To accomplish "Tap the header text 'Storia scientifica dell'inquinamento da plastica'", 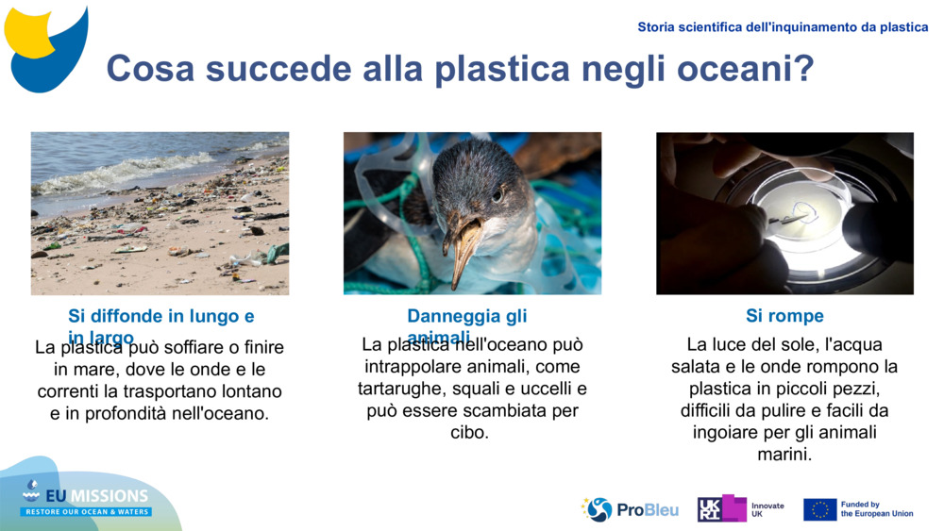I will (x=783, y=27).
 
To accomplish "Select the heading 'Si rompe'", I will (x=784, y=316).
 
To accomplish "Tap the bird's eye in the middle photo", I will (x=497, y=193).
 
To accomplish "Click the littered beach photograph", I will (x=160, y=213).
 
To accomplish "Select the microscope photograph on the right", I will (x=784, y=213).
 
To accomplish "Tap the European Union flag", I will (x=819, y=509).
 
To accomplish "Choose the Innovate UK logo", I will (x=740, y=509).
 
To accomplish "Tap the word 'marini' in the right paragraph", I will (x=784, y=455).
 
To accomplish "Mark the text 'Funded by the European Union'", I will (x=876, y=509).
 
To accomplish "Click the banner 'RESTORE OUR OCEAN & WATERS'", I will (x=87, y=512).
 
